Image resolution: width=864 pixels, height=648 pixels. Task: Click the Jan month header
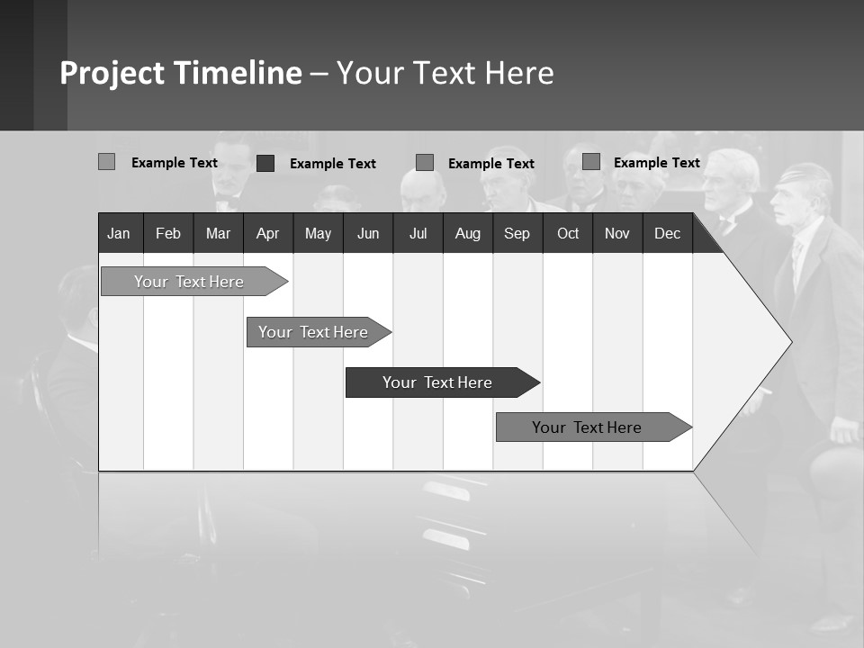click(119, 234)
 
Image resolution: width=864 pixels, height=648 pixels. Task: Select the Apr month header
click(268, 234)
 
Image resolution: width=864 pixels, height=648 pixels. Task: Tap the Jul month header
click(418, 234)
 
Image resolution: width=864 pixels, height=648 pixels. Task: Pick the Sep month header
click(517, 234)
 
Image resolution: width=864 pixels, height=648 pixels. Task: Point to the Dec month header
click(667, 234)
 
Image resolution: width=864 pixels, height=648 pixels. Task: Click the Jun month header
click(368, 234)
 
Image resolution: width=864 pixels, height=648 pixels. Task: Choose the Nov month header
click(617, 234)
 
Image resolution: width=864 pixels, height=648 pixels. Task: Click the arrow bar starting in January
click(189, 282)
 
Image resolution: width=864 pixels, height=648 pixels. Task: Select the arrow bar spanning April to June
click(313, 332)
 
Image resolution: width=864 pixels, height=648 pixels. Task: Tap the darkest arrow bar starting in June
click(437, 382)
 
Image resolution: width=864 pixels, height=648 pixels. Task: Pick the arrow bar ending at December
click(587, 427)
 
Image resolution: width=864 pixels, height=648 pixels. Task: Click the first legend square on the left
click(106, 162)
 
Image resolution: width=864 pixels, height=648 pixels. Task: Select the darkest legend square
click(265, 163)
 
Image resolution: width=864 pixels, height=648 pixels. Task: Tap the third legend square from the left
click(425, 163)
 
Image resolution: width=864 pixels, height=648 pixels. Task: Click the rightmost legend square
click(591, 162)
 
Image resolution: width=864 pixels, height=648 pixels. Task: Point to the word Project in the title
click(112, 73)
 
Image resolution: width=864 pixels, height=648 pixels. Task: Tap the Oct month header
click(568, 234)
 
